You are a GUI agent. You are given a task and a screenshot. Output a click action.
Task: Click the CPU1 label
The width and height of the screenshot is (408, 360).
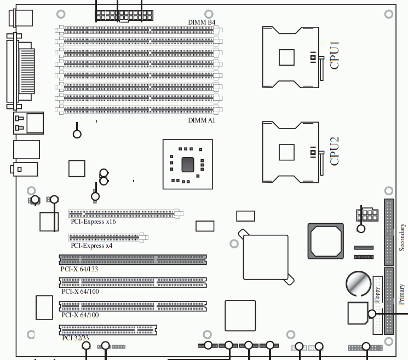coord(335,55)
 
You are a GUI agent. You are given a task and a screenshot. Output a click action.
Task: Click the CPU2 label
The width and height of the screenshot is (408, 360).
coord(335,151)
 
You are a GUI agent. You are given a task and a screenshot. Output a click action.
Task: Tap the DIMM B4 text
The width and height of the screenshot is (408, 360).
coord(202,22)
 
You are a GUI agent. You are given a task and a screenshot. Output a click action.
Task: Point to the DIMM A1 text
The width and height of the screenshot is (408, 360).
coord(202,120)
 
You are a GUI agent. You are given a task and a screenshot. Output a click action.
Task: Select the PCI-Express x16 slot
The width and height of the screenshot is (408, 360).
coord(125,214)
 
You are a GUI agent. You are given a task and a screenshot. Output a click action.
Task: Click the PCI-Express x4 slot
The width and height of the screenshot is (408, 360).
coord(108,237)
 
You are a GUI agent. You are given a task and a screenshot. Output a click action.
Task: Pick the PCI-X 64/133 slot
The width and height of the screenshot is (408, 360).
coord(133,260)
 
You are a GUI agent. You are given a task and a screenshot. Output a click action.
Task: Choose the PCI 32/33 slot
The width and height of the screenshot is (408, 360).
coord(108,330)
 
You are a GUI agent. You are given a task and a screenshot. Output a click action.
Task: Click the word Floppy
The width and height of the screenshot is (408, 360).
coord(377,295)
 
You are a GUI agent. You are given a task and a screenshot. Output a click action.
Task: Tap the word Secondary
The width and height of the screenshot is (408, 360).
coord(402,237)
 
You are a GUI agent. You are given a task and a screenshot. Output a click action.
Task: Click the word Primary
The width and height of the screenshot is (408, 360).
coord(402,294)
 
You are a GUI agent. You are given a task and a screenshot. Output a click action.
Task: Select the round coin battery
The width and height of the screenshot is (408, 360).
coord(359,283)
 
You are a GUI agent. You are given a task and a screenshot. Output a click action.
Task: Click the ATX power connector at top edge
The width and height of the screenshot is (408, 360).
coord(124,16)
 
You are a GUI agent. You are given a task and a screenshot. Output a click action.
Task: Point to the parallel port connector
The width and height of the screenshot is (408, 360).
coord(21,71)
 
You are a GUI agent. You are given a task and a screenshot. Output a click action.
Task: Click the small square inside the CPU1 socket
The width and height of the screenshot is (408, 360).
coord(286,57)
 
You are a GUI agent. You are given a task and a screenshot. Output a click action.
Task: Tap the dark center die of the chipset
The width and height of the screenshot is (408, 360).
coord(188,165)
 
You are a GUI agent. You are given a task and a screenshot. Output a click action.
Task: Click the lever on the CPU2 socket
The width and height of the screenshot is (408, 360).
coord(321,163)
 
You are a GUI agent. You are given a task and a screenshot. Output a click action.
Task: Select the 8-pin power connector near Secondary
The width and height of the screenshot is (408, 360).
coord(367,214)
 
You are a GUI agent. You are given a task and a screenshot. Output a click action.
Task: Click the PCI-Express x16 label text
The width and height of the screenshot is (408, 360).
coord(94,222)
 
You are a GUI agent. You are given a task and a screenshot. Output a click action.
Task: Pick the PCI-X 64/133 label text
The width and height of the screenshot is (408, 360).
coord(79,269)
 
